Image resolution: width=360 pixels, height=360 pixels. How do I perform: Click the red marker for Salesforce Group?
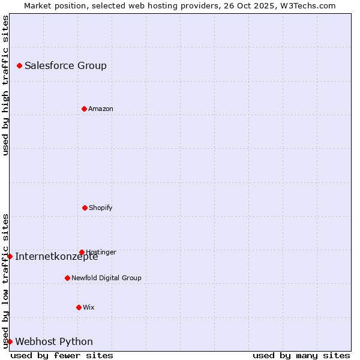19,65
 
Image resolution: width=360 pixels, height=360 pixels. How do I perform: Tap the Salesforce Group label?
65,66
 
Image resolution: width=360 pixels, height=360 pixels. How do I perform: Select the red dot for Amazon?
84,109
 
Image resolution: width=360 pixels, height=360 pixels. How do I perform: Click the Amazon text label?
101,109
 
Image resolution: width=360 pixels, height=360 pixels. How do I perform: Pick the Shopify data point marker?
85,208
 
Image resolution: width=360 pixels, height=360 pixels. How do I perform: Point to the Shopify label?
101,208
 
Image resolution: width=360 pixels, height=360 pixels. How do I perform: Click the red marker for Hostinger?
82,252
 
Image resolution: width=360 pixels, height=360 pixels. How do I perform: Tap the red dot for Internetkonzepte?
10,256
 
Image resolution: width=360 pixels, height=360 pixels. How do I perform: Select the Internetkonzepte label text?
56,257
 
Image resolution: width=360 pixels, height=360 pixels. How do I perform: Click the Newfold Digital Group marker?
67,278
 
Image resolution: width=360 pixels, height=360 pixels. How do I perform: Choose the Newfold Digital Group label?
106,278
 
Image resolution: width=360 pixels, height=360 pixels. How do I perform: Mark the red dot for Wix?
79,307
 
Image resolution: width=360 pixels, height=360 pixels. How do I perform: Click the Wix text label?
89,308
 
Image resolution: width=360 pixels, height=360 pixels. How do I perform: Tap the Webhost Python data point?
10,341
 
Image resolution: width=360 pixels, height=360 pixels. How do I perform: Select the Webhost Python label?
54,342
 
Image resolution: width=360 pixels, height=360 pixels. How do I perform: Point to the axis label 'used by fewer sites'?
62,355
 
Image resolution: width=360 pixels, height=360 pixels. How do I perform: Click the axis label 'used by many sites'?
301,355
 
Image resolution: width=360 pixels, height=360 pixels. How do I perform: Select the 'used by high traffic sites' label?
5,85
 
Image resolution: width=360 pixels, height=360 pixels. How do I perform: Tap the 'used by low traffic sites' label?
5,281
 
